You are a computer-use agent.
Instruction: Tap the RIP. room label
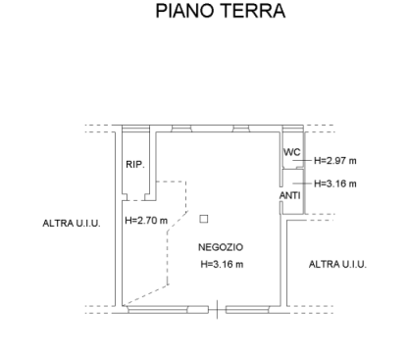136,165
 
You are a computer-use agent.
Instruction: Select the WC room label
291,155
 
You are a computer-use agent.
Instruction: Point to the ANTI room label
290,197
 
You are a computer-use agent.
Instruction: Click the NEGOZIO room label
221,246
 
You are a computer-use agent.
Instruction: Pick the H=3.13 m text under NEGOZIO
222,264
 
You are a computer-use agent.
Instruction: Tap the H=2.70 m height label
147,221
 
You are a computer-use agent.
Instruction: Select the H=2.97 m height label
335,160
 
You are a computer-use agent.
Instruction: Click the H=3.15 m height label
335,183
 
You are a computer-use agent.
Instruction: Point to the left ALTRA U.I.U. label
72,225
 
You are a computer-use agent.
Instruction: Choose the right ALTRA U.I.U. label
337,265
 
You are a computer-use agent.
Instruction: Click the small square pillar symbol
204,219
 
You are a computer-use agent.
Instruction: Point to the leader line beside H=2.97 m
306,160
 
